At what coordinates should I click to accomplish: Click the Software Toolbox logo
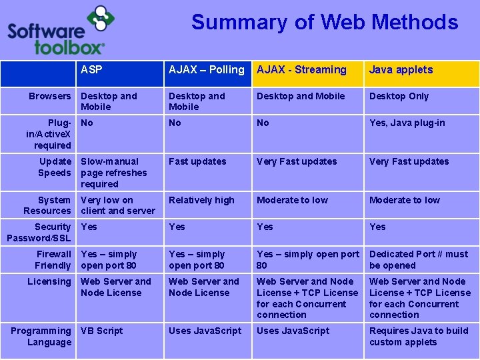(57, 31)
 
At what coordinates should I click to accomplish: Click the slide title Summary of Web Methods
(325, 22)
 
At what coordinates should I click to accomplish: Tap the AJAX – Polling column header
(206, 69)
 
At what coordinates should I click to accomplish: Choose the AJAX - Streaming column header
(301, 69)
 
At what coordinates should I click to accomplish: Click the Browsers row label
(49, 96)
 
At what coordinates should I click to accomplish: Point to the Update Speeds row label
(55, 167)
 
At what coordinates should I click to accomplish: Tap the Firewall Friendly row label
(53, 259)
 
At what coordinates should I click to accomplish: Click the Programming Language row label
(41, 336)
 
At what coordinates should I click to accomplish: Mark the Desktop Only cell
(399, 96)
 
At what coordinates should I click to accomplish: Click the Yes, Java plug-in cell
(407, 123)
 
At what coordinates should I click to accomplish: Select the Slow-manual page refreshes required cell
(113, 173)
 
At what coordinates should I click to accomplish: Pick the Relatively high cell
(201, 200)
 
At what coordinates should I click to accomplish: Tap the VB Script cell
(101, 331)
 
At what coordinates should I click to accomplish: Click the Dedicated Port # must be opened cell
(419, 259)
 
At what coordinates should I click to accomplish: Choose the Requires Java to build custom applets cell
(419, 336)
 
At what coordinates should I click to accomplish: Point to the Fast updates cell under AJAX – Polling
(197, 161)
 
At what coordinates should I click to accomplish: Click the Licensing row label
(49, 281)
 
